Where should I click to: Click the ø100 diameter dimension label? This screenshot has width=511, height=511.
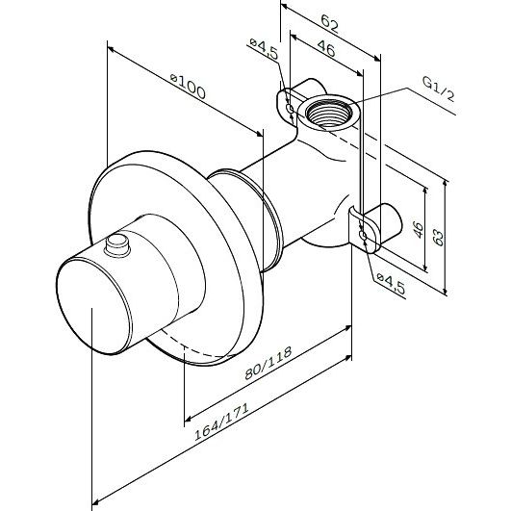tap(188, 86)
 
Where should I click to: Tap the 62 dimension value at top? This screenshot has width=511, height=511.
tap(329, 23)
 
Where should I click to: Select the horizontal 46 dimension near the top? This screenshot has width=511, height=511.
tap(326, 48)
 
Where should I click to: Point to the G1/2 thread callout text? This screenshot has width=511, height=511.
tap(438, 89)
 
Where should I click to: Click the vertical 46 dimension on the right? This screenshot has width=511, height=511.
tap(418, 229)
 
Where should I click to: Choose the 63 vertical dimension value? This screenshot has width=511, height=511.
tap(438, 238)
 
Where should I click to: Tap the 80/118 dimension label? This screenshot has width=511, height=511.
tap(268, 363)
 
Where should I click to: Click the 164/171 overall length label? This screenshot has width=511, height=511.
tap(221, 422)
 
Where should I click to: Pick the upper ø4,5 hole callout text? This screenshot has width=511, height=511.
tap(264, 48)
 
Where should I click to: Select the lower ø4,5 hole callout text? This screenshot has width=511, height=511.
tap(391, 284)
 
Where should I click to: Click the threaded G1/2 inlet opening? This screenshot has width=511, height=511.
tap(329, 112)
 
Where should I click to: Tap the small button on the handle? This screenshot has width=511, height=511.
tap(117, 245)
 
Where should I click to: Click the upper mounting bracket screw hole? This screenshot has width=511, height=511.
tap(290, 108)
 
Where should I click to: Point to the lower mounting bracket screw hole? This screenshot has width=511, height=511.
tap(363, 235)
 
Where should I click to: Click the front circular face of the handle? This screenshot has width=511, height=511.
tap(93, 306)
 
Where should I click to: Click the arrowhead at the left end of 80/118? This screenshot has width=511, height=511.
tap(188, 418)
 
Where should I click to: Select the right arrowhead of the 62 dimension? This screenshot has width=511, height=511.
tap(376, 59)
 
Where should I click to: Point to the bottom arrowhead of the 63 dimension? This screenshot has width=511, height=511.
tap(446, 291)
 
